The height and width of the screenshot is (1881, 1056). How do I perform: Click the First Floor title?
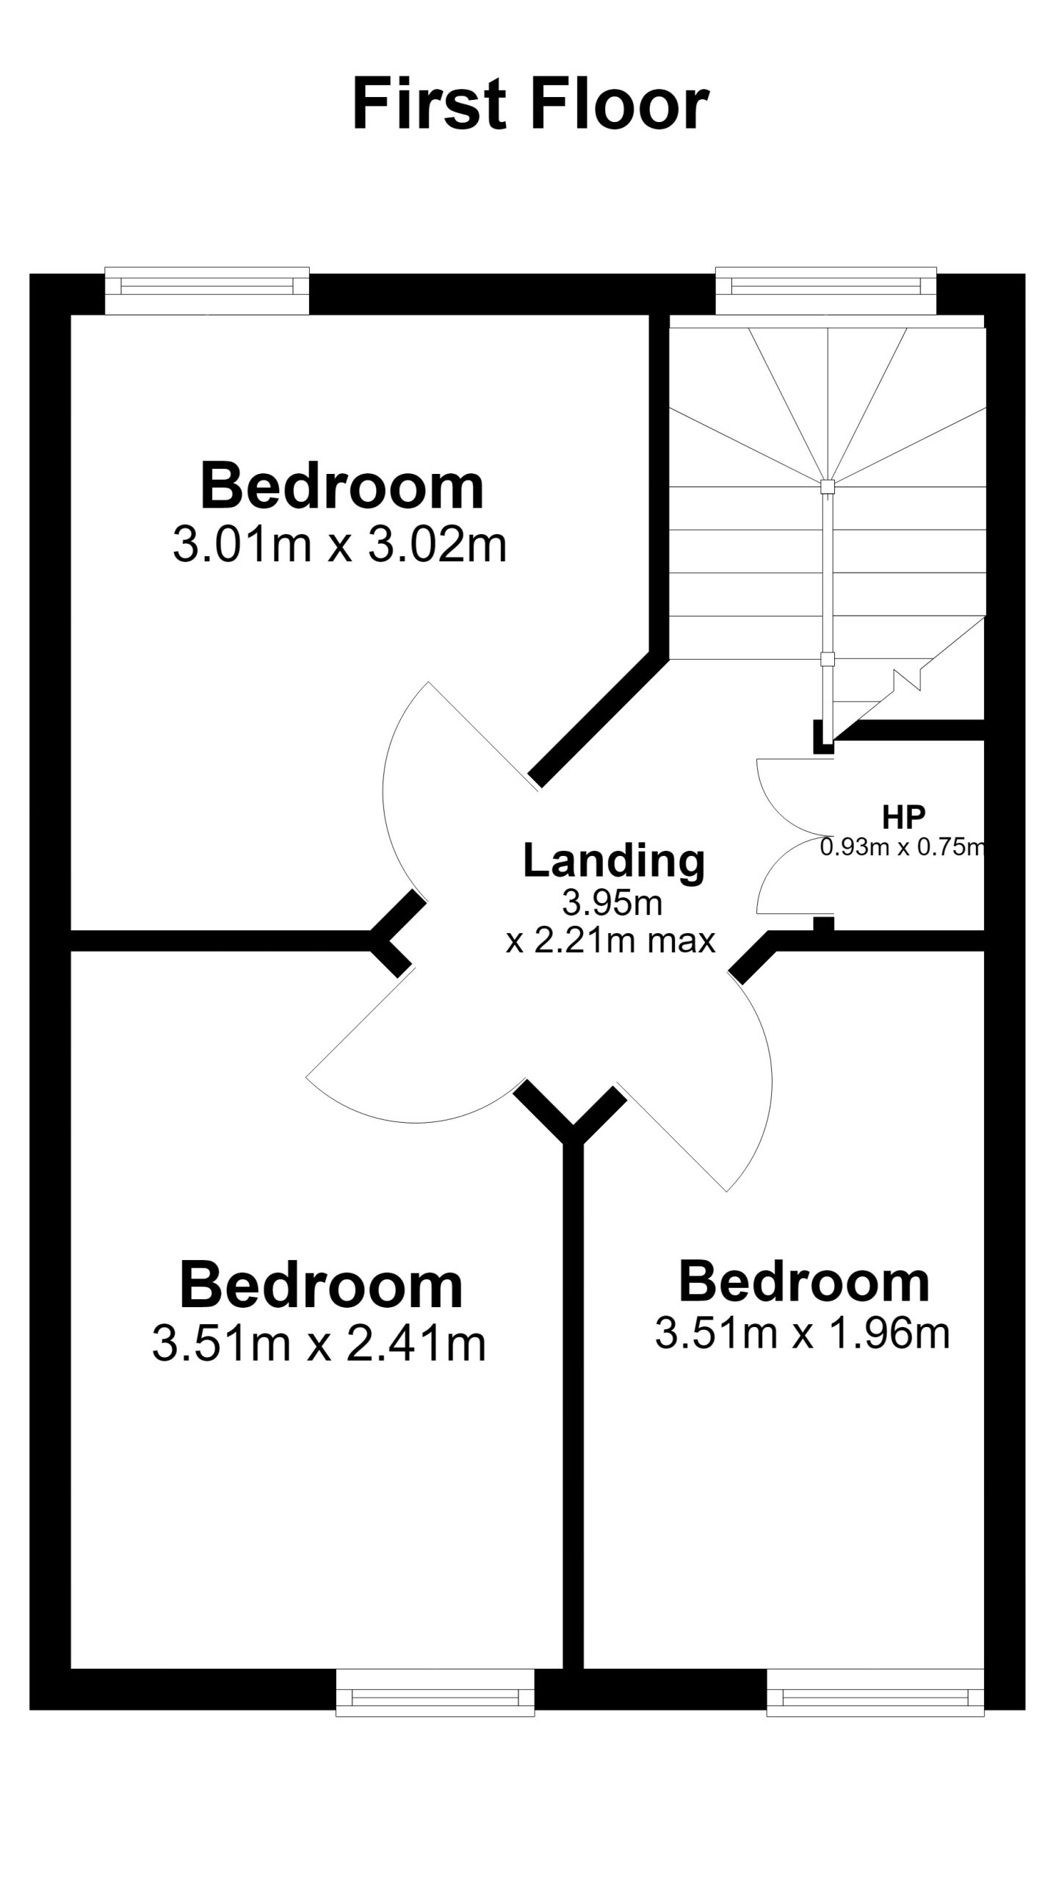(x=530, y=105)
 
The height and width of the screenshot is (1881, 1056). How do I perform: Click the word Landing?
(x=614, y=861)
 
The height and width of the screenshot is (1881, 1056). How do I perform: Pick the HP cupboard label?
(x=904, y=814)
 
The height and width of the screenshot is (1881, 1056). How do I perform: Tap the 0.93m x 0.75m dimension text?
(x=902, y=847)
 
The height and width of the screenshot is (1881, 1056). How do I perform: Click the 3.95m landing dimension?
(x=612, y=902)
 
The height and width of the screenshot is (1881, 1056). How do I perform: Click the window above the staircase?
(x=826, y=291)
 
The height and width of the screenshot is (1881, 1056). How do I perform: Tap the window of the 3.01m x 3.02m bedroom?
(x=207, y=291)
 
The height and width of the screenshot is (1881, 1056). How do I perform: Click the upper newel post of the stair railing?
(x=827, y=486)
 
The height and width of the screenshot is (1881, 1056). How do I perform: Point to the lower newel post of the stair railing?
(x=828, y=659)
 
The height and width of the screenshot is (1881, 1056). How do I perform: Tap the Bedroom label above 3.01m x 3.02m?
(x=342, y=486)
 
